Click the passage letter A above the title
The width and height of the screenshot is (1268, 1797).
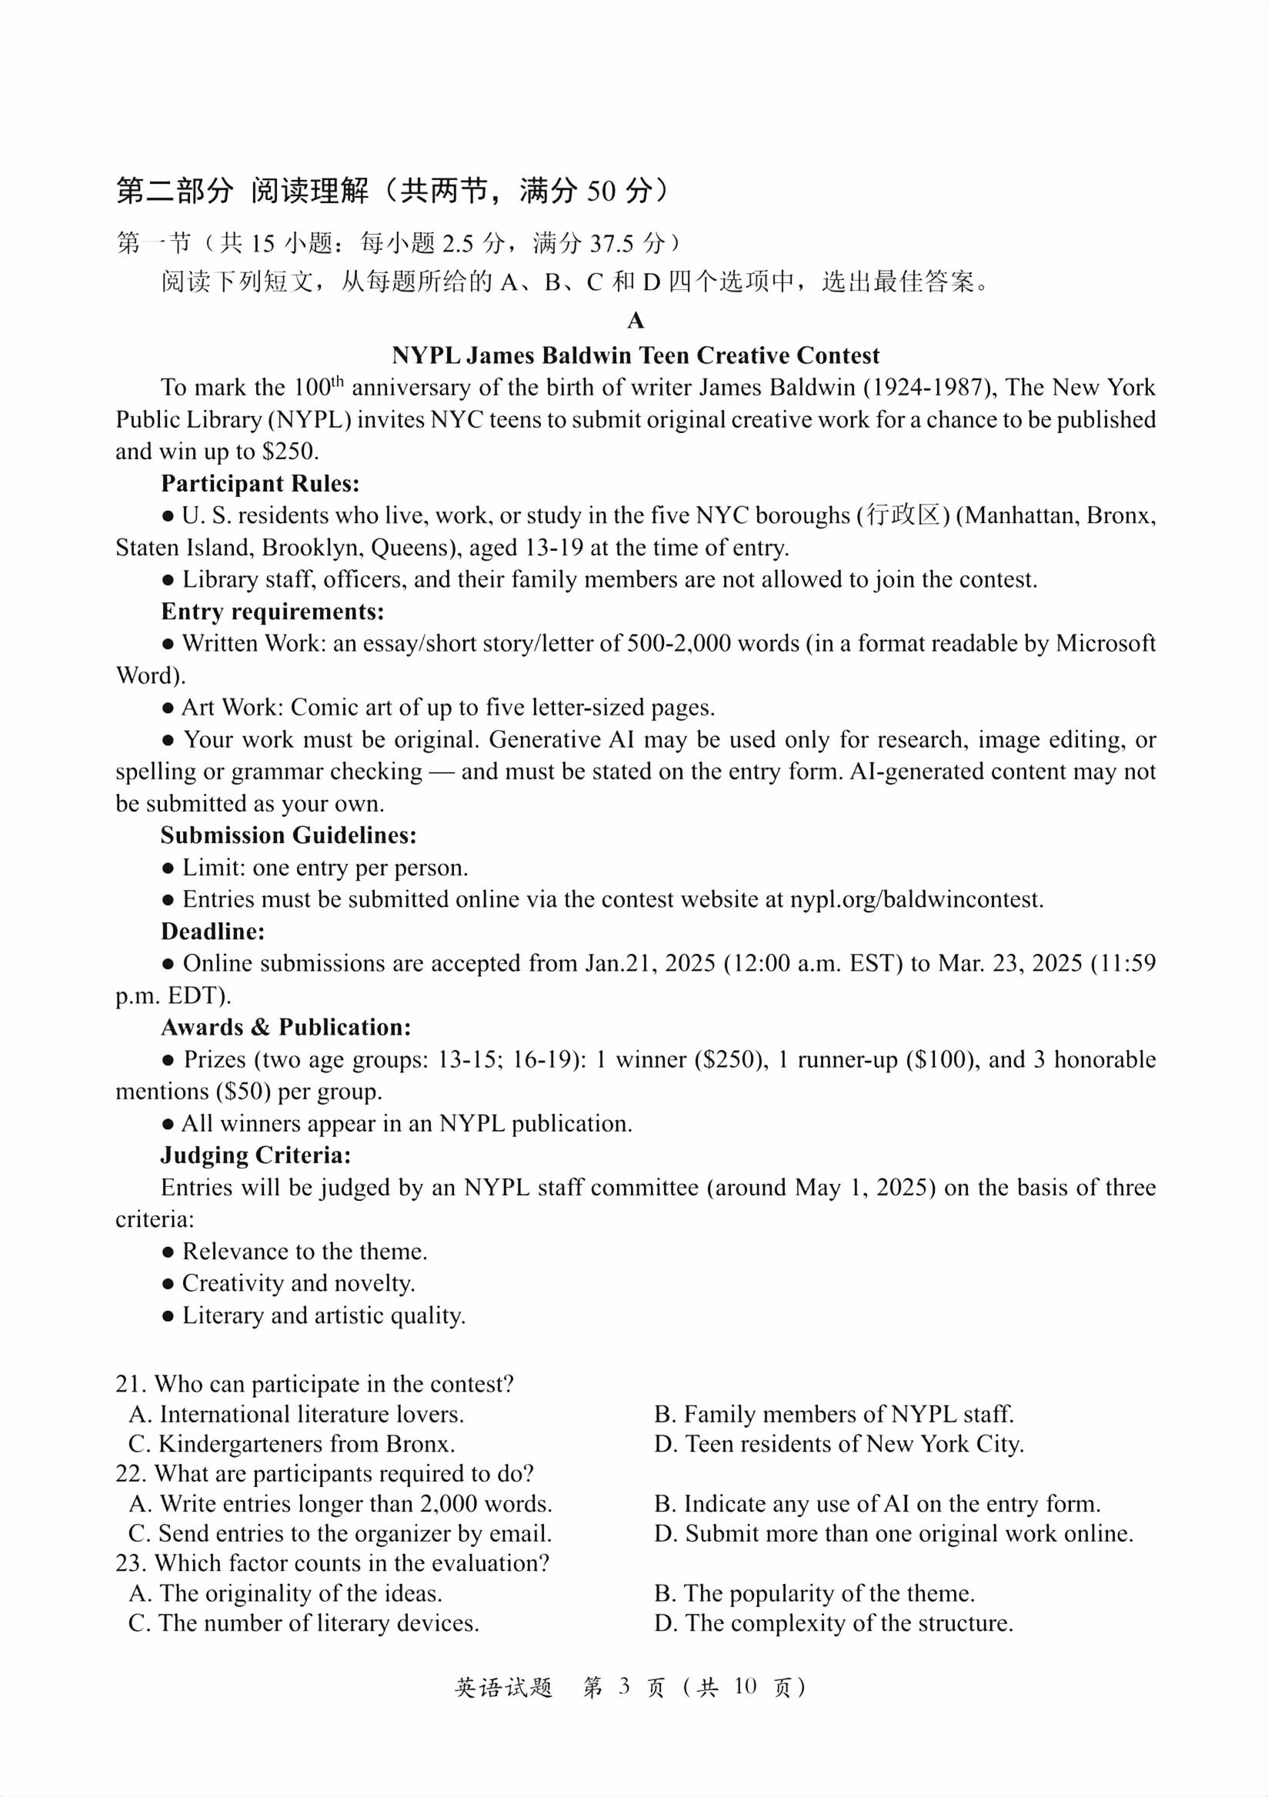635,322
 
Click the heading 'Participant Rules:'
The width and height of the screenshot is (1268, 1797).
260,484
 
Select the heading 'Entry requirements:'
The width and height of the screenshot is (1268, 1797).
272,612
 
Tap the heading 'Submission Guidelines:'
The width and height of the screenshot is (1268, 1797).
288,835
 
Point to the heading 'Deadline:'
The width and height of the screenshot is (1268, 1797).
213,932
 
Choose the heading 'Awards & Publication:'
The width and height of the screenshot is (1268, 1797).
285,1027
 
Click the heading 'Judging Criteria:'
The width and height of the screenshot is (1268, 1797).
256,1155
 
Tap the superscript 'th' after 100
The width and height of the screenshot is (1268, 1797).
337,381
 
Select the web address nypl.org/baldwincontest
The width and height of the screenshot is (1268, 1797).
915,899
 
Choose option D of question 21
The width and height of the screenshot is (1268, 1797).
839,1444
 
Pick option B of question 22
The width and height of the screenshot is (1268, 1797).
876,1503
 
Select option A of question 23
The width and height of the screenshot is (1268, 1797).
285,1593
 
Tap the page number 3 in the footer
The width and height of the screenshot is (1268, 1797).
624,1687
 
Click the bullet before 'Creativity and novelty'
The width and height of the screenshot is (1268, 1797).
168,1285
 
